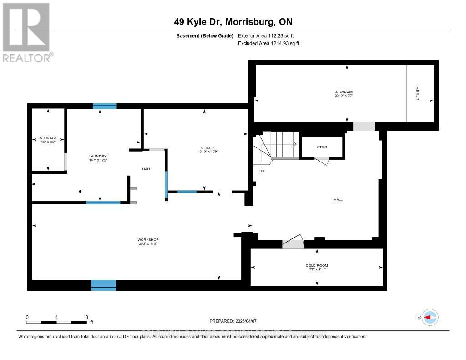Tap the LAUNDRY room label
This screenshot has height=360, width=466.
point(98,156)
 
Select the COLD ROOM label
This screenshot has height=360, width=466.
point(317,265)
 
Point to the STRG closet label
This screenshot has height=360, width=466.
point(322,147)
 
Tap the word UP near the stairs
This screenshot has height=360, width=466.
point(261,172)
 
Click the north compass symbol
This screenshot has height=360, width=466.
point(430,317)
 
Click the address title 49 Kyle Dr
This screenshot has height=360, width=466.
point(233,21)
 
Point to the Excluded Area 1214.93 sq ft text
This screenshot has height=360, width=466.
point(268,44)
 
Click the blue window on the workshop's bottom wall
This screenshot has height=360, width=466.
point(104,285)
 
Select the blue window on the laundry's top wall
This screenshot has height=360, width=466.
point(105,106)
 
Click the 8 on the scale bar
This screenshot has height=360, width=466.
point(86,317)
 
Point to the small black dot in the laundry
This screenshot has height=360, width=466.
point(80,192)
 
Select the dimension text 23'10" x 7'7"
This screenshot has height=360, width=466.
point(344,96)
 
